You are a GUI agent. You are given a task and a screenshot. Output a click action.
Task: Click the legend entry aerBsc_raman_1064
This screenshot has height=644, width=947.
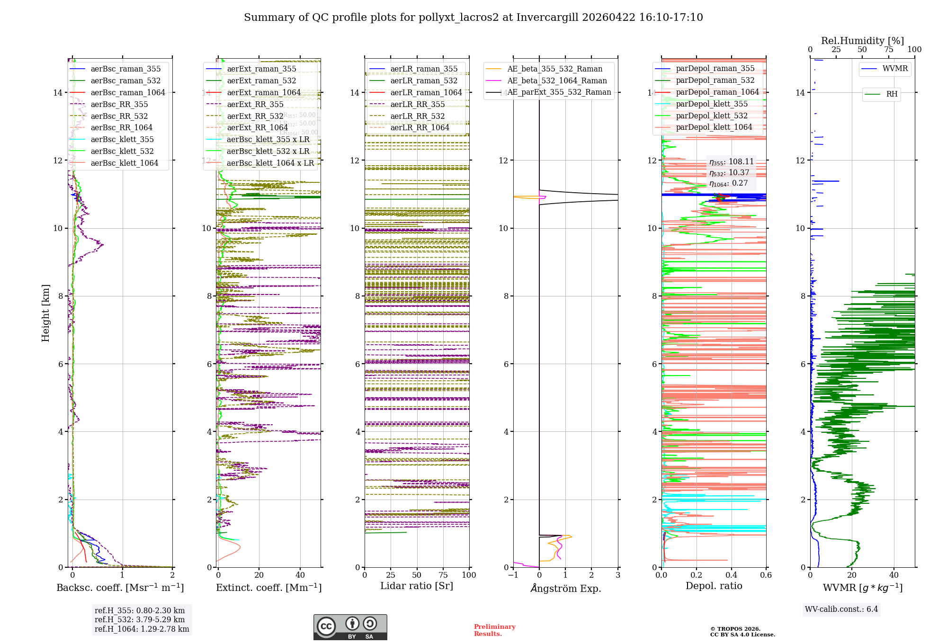pyautogui.click(x=128, y=92)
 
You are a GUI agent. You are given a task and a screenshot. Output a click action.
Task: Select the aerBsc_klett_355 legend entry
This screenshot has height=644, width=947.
pyautogui.click(x=122, y=139)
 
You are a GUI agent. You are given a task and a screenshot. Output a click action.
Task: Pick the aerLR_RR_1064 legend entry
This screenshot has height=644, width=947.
pyautogui.click(x=420, y=127)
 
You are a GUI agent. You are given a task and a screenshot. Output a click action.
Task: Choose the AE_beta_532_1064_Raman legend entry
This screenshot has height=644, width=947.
pyautogui.click(x=557, y=80)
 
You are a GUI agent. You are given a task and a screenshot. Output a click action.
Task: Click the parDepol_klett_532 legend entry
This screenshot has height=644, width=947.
pyautogui.click(x=712, y=116)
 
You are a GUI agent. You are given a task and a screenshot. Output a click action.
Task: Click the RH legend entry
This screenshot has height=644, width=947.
pyautogui.click(x=892, y=94)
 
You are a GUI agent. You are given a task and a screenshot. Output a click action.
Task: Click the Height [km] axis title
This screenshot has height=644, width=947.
pyautogui.click(x=45, y=313)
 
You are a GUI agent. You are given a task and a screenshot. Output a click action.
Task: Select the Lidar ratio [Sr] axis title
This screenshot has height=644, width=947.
pyautogui.click(x=417, y=586)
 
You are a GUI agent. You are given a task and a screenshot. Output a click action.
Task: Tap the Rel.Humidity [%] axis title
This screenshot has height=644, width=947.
pyautogui.click(x=862, y=41)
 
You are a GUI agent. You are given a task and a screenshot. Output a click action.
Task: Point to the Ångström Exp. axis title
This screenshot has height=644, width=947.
pyautogui.click(x=566, y=588)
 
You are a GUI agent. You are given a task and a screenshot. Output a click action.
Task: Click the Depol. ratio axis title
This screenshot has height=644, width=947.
pyautogui.click(x=714, y=586)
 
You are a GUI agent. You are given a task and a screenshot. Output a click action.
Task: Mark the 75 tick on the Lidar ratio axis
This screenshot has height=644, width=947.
pyautogui.click(x=443, y=575)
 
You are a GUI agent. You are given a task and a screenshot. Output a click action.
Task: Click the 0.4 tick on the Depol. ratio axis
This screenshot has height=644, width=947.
pyautogui.click(x=731, y=575)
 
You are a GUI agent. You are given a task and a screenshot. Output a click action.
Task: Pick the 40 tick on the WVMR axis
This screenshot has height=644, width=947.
pyautogui.click(x=894, y=575)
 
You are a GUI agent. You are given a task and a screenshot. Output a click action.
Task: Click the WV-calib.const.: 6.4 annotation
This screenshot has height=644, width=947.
pyautogui.click(x=841, y=609)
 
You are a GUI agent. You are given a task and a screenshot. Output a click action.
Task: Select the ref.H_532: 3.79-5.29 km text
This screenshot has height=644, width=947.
pyautogui.click(x=140, y=619)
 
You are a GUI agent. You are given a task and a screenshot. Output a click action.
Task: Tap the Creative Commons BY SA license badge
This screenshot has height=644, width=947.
pyautogui.click(x=350, y=627)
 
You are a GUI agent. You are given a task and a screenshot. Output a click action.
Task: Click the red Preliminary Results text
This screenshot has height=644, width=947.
pyautogui.click(x=494, y=630)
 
